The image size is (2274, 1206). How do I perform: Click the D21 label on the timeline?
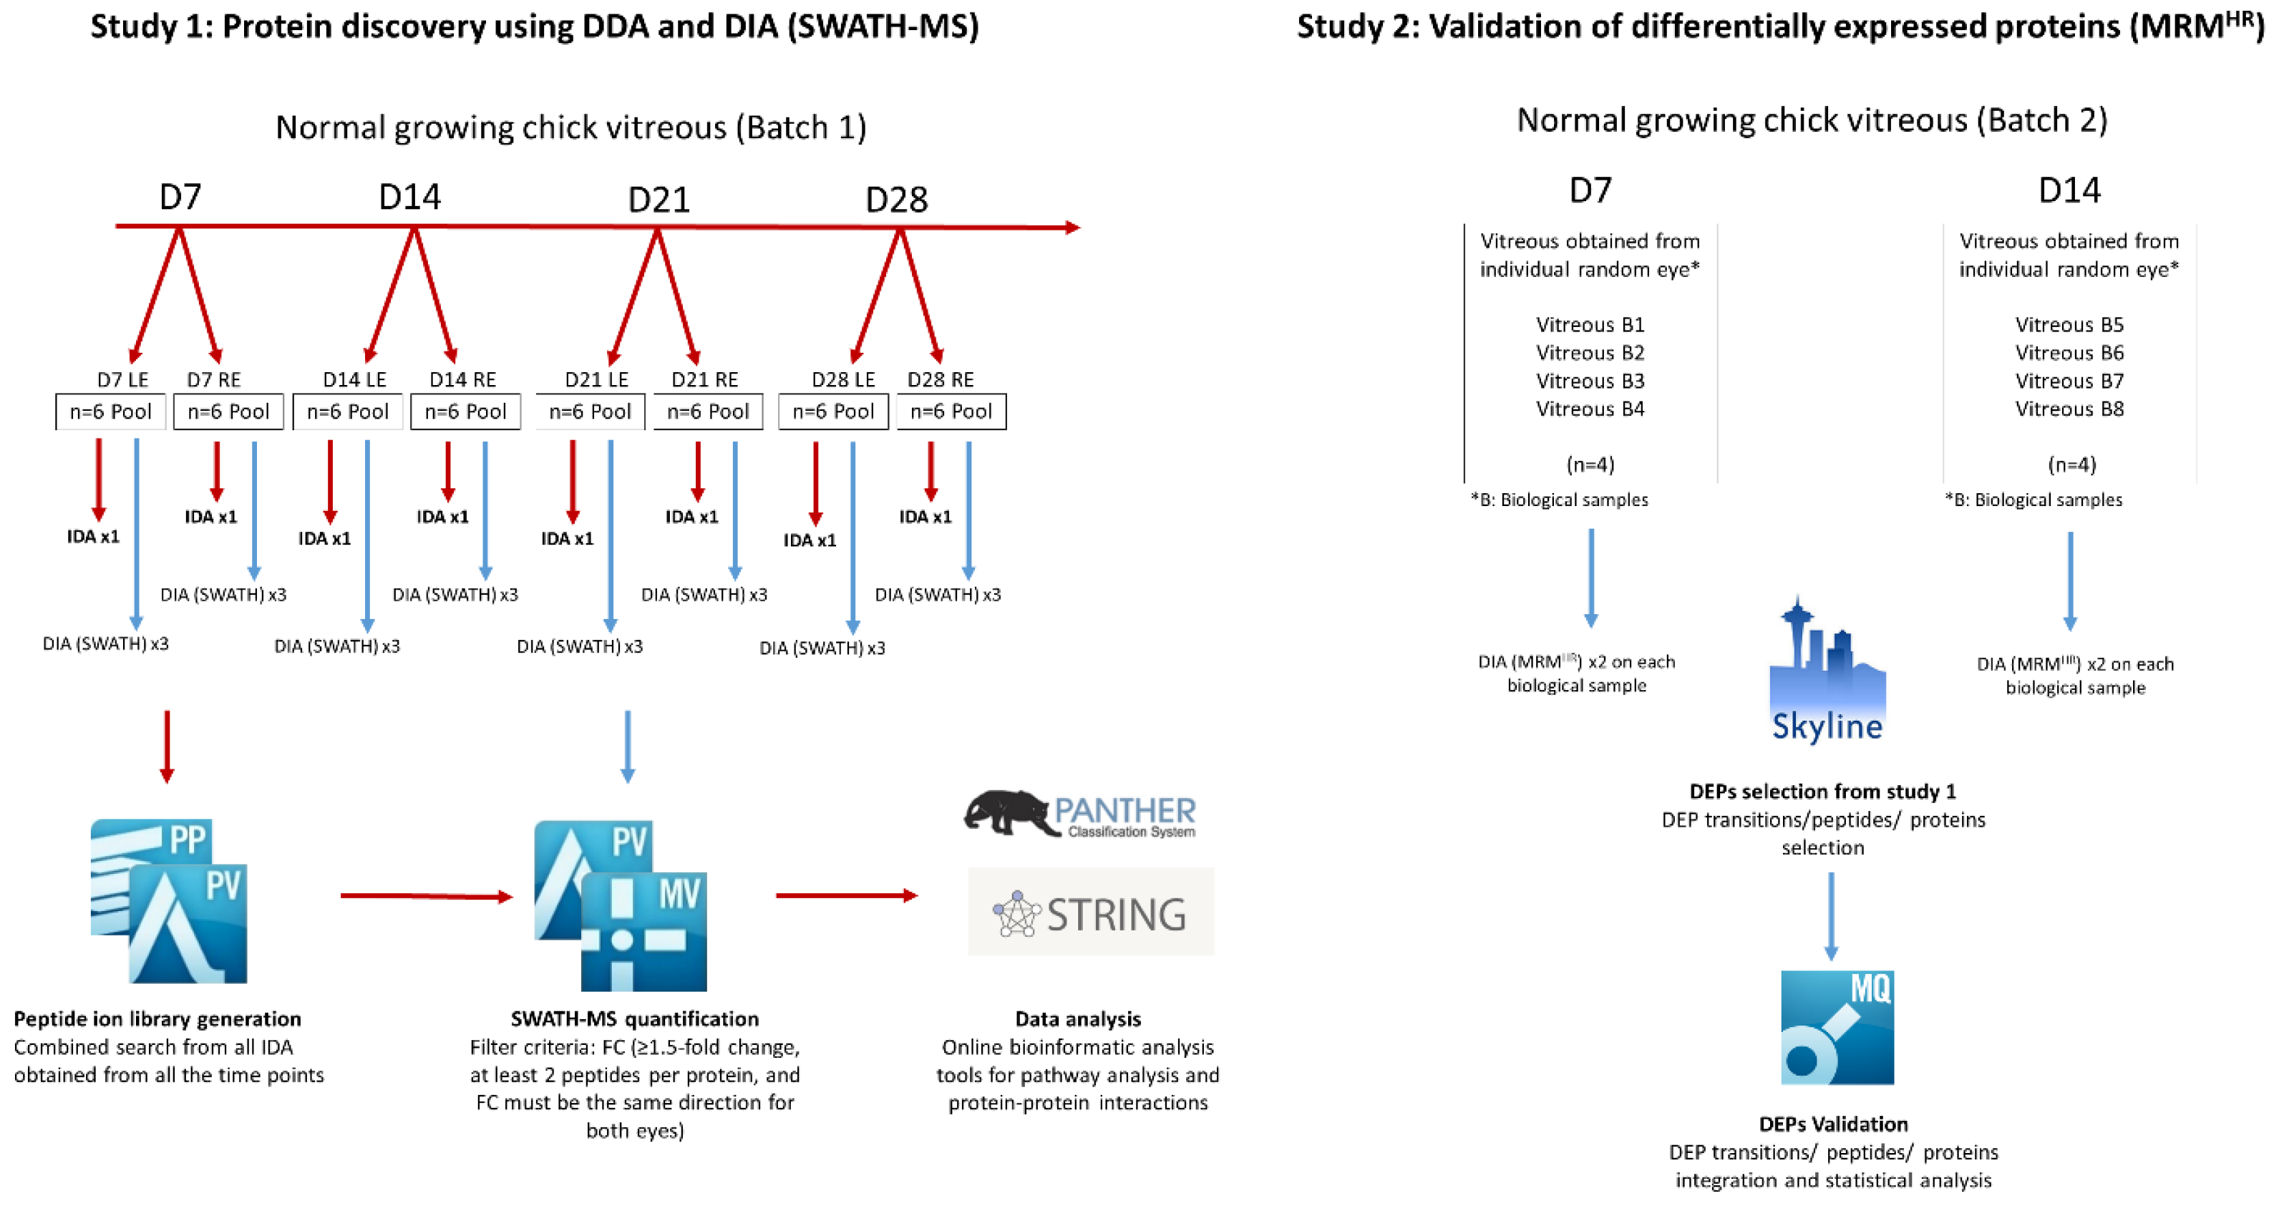(659, 200)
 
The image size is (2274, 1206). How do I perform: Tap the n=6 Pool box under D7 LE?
(110, 412)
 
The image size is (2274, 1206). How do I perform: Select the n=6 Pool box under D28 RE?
(951, 412)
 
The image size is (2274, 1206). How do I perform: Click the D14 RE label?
(462, 379)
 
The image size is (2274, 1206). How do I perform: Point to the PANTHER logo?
(1079, 813)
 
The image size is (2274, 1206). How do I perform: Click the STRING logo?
(1091, 912)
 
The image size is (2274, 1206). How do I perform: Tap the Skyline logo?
(1827, 671)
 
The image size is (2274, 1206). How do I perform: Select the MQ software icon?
(1837, 1028)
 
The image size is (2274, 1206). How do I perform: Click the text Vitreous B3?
(1590, 381)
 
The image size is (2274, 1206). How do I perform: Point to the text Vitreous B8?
(2069, 409)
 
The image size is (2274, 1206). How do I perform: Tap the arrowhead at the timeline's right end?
(1072, 228)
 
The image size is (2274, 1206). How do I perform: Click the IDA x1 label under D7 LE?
(92, 536)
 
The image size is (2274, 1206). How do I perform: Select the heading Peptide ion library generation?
(157, 1018)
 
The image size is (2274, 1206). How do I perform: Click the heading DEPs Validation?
(1834, 1124)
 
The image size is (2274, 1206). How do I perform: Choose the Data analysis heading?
(1078, 1018)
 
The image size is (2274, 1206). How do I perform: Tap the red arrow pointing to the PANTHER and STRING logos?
(847, 895)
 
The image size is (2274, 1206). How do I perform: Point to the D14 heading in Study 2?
(2069, 190)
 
